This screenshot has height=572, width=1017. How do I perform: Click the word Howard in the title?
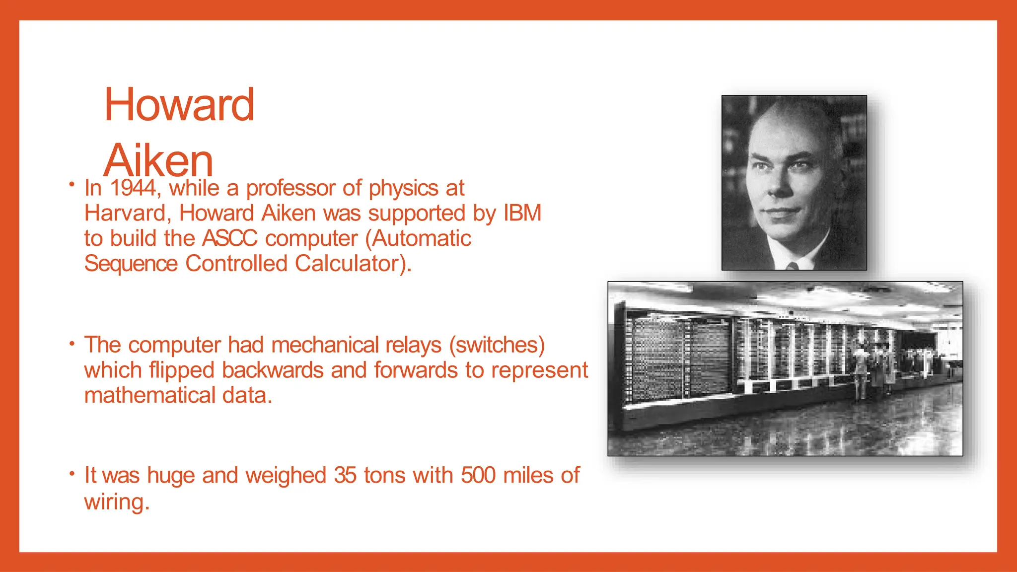pyautogui.click(x=179, y=105)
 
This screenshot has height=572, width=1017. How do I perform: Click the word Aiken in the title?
pyautogui.click(x=158, y=160)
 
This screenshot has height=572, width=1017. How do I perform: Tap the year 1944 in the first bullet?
pyautogui.click(x=133, y=188)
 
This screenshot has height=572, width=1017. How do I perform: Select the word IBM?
pyautogui.click(x=522, y=213)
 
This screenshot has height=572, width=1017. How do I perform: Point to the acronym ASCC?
pyautogui.click(x=230, y=238)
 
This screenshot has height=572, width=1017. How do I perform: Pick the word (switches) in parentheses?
pyautogui.click(x=497, y=345)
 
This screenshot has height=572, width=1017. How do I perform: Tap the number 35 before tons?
pyautogui.click(x=345, y=475)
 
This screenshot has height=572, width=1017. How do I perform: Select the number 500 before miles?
pyautogui.click(x=478, y=475)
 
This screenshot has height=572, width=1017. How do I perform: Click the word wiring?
pyautogui.click(x=116, y=501)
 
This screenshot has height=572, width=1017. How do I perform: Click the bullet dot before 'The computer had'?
pyautogui.click(x=72, y=343)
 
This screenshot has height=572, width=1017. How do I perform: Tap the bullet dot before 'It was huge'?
pyautogui.click(x=72, y=474)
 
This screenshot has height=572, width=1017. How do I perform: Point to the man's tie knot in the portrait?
pyautogui.click(x=793, y=266)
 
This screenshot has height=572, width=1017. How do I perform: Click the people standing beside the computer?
pyautogui.click(x=874, y=370)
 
